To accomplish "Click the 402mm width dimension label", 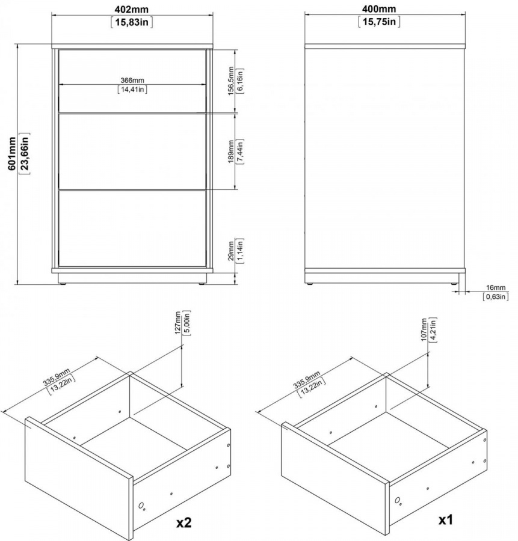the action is pos(132,8).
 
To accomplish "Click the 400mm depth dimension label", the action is pos(379,8).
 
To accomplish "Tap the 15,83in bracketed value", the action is pos(132,22).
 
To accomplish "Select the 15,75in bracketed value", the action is pos(379,22).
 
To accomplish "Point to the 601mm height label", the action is pos(12,153).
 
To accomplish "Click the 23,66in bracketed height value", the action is pos(25,153).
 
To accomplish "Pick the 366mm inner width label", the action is pos(132,81).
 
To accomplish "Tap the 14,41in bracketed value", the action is pos(132,90).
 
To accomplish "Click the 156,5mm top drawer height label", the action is pos(231,81).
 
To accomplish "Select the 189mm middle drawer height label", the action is pos(231,152).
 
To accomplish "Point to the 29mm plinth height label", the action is pos(231,251).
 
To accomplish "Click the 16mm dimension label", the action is pos(496,287).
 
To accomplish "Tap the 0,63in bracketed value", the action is pos(496,296).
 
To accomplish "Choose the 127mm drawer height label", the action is pos(177,323).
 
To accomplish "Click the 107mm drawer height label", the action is pos(424,330).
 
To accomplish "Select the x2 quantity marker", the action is pos(183,523).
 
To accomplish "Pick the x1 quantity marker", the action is pos(445,519).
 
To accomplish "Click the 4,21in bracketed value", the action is pos(433,330).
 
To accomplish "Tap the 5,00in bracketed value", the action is pos(187,323).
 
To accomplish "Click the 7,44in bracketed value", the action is pos(240,152).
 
